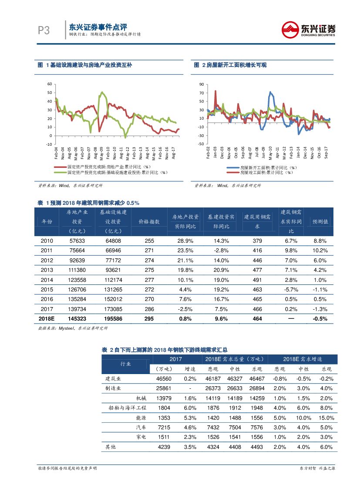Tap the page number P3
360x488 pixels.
click(x=44, y=30)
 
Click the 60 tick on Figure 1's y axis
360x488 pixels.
click(x=50, y=84)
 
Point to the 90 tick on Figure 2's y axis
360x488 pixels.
click(x=201, y=84)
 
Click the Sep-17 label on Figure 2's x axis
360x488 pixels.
click(x=326, y=151)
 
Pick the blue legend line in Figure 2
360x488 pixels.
click(x=233, y=167)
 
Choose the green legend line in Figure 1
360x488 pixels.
click(x=60, y=172)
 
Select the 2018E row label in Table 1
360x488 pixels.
click(x=47, y=318)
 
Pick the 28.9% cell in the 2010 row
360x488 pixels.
click(x=185, y=241)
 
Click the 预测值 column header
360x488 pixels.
click(x=320, y=221)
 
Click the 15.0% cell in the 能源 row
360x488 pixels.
click(x=326, y=418)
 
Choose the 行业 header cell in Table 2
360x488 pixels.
click(x=125, y=364)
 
